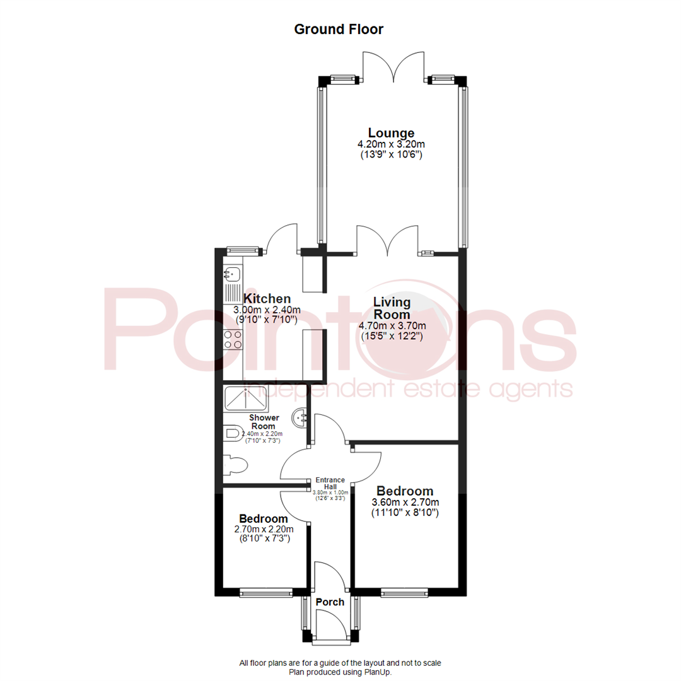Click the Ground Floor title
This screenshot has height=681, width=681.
pos(339,30)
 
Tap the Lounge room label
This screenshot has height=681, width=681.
pos(392,133)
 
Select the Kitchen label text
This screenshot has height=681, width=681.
pos(267,299)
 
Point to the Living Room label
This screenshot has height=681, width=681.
pos(392,308)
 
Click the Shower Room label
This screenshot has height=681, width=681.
pos(264,422)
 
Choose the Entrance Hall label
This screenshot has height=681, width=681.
pos(330,484)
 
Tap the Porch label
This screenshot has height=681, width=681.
pos(330,602)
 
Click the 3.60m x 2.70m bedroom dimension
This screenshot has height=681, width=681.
pos(405,502)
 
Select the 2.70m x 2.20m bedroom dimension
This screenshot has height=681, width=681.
pos(264,529)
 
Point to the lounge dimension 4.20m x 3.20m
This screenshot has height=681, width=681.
pos(392,144)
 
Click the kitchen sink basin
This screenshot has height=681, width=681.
pos(232,274)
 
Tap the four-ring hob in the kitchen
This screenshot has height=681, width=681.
pos(233,340)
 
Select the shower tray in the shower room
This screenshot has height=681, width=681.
pos(246,399)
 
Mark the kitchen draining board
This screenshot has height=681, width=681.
pos(233,293)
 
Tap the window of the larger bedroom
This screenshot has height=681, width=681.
pos(404,591)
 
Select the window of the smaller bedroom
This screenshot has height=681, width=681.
pos(266,591)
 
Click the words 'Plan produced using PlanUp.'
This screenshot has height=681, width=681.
pos(340,672)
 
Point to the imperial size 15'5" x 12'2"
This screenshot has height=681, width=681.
pos(392,335)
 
